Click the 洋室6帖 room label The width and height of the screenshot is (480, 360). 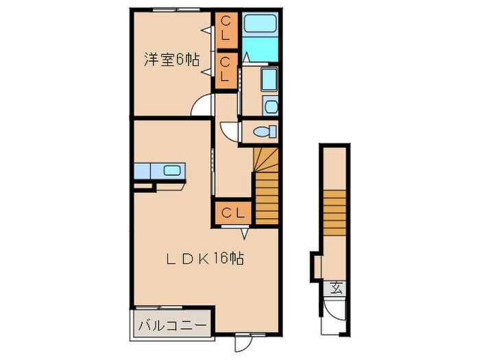pos(171,60)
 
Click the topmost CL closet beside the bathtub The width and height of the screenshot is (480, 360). pos(225,29)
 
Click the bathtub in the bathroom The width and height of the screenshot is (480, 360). pos(260,25)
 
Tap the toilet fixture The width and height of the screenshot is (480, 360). pos(263,131)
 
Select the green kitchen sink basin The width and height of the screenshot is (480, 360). pos(171,170)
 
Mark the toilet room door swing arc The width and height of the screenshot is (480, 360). pos(230,130)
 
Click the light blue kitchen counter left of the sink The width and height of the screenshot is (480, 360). pos(147,170)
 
